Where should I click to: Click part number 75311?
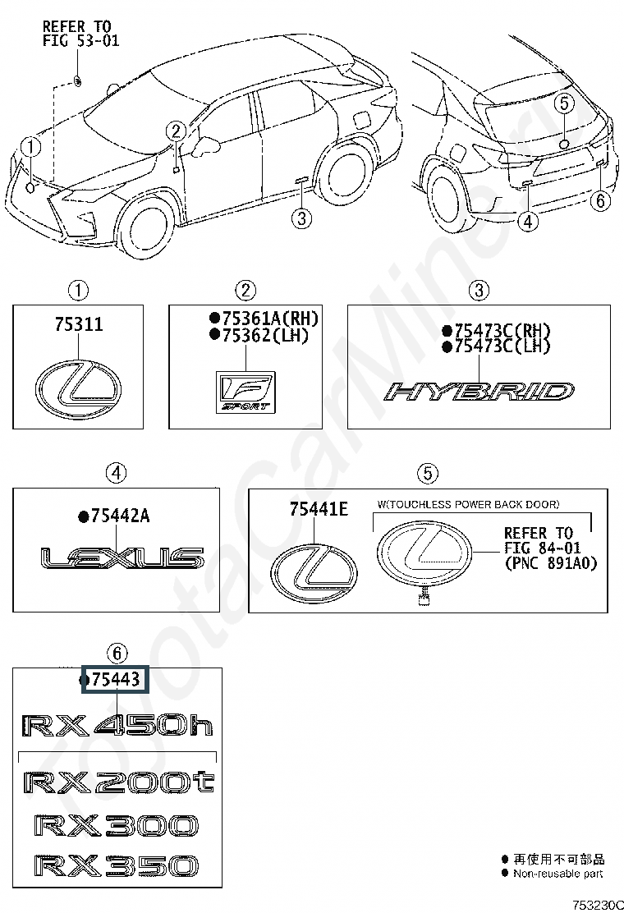click(79, 324)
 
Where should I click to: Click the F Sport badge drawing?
click(245, 392)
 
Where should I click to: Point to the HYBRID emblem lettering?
click(479, 392)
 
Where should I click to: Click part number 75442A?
click(114, 516)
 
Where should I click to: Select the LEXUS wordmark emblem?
click(122, 557)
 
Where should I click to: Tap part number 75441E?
click(319, 510)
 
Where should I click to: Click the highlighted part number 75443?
click(115, 680)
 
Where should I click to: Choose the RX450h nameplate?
click(117, 726)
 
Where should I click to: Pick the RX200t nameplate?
click(119, 782)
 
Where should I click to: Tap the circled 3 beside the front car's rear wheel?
click(301, 218)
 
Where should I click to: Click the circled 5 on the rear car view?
click(564, 103)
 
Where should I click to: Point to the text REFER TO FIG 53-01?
click(81, 34)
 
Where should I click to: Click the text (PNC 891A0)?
click(551, 563)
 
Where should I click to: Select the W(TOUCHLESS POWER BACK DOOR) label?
click(468, 504)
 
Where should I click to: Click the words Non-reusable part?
click(557, 874)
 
